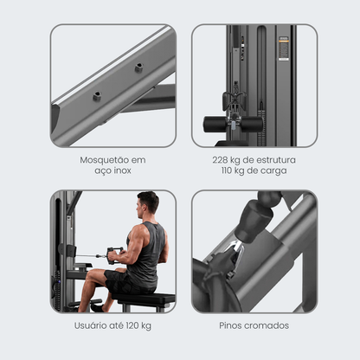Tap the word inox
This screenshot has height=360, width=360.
pos(122,170)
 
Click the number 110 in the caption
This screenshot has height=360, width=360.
pos(227,170)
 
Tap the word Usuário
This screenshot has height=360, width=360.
pos(90,325)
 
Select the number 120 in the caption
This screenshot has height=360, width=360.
pos(132,325)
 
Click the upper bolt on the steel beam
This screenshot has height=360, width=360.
pos(139,67)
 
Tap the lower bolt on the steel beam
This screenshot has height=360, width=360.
pos(97,96)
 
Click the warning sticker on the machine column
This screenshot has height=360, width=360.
pos(284,48)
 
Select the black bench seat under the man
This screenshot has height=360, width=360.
pos(144,299)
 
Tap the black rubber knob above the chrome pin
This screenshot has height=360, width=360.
pos(254,223)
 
